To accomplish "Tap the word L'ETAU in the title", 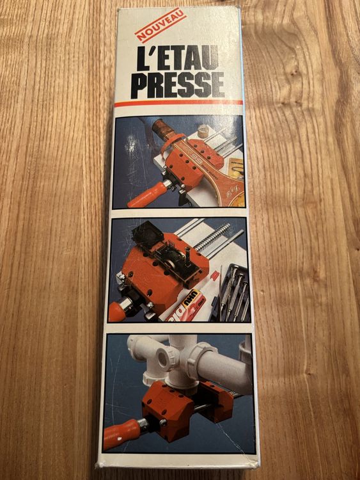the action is click(x=178, y=58).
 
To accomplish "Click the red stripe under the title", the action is click(x=178, y=103).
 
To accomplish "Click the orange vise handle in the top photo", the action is click(x=148, y=195).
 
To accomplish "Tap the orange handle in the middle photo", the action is click(x=117, y=311).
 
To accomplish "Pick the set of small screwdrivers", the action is click(x=233, y=293).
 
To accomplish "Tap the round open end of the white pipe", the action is click(x=162, y=358).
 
